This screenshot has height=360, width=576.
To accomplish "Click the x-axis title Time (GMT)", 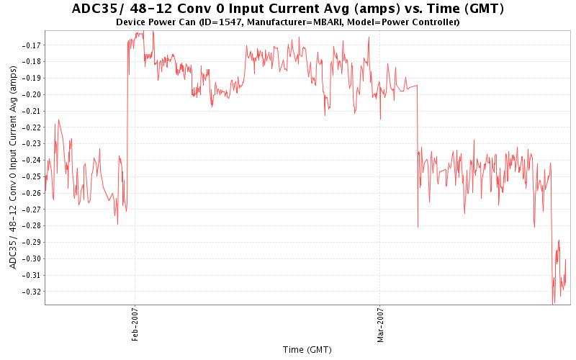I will point(307,349).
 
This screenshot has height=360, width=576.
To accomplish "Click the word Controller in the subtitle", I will point(435,22).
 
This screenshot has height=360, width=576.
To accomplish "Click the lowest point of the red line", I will point(553,303).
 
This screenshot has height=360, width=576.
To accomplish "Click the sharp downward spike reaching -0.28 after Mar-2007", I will point(418,226).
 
